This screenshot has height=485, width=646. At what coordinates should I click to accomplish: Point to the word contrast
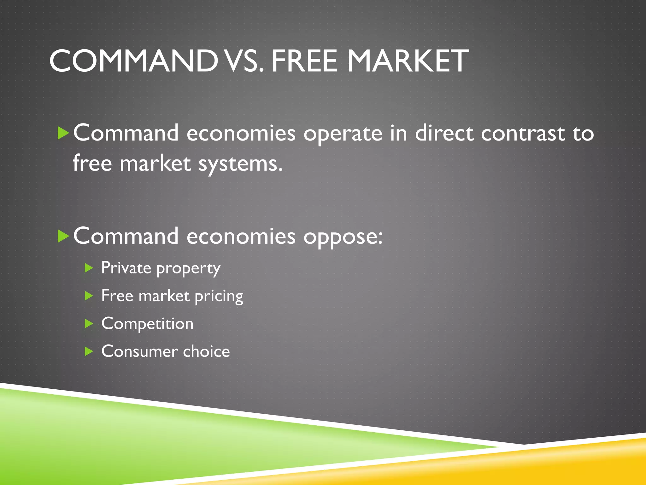point(523,133)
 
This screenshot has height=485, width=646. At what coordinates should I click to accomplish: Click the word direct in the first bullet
point(444,133)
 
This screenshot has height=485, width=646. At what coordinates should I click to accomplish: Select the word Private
point(126,268)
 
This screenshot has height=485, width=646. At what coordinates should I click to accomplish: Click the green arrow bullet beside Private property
point(89,268)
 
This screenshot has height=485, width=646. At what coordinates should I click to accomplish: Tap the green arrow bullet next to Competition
point(89,324)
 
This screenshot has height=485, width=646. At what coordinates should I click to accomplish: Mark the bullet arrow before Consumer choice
point(89,351)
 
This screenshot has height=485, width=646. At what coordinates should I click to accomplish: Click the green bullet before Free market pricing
point(89,296)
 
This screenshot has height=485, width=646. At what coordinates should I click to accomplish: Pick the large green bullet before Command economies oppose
point(63,236)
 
